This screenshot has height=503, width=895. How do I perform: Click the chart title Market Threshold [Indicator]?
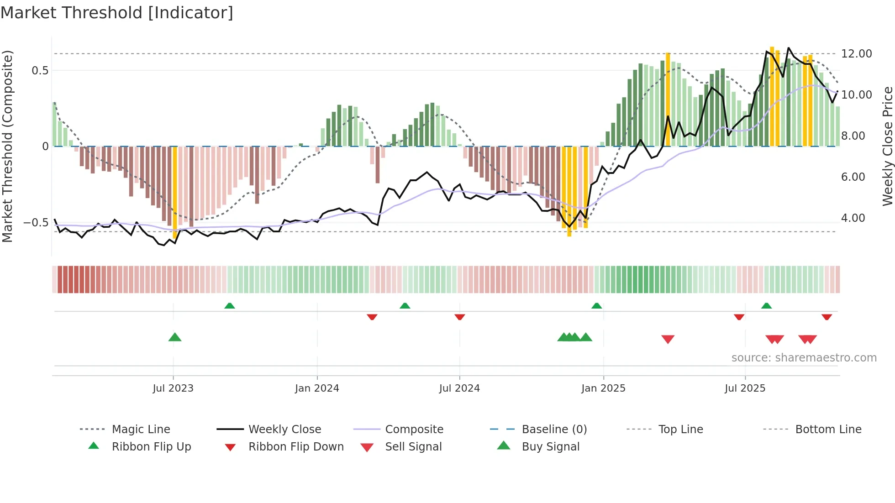click(x=117, y=13)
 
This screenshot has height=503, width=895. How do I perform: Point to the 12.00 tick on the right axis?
click(x=856, y=54)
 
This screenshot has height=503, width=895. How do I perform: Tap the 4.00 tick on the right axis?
click(x=853, y=218)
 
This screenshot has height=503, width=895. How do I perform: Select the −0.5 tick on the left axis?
click(x=36, y=223)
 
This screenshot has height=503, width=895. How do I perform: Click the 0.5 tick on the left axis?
click(x=40, y=70)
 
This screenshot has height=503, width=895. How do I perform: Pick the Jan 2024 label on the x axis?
click(x=317, y=388)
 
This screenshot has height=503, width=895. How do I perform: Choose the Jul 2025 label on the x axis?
click(x=745, y=388)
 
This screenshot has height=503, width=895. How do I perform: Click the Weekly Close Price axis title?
click(x=887, y=146)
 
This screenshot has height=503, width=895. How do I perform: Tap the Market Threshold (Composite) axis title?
click(x=7, y=146)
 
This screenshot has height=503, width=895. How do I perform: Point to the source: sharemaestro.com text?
click(x=804, y=358)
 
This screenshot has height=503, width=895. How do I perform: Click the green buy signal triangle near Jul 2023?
click(x=175, y=337)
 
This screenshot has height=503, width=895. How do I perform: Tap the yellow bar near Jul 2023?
click(x=175, y=192)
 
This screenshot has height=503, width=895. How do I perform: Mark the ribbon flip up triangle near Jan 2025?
click(x=596, y=306)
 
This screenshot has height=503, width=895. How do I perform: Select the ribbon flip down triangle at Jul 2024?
click(x=459, y=316)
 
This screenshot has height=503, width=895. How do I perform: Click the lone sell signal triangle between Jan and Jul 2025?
click(x=668, y=339)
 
